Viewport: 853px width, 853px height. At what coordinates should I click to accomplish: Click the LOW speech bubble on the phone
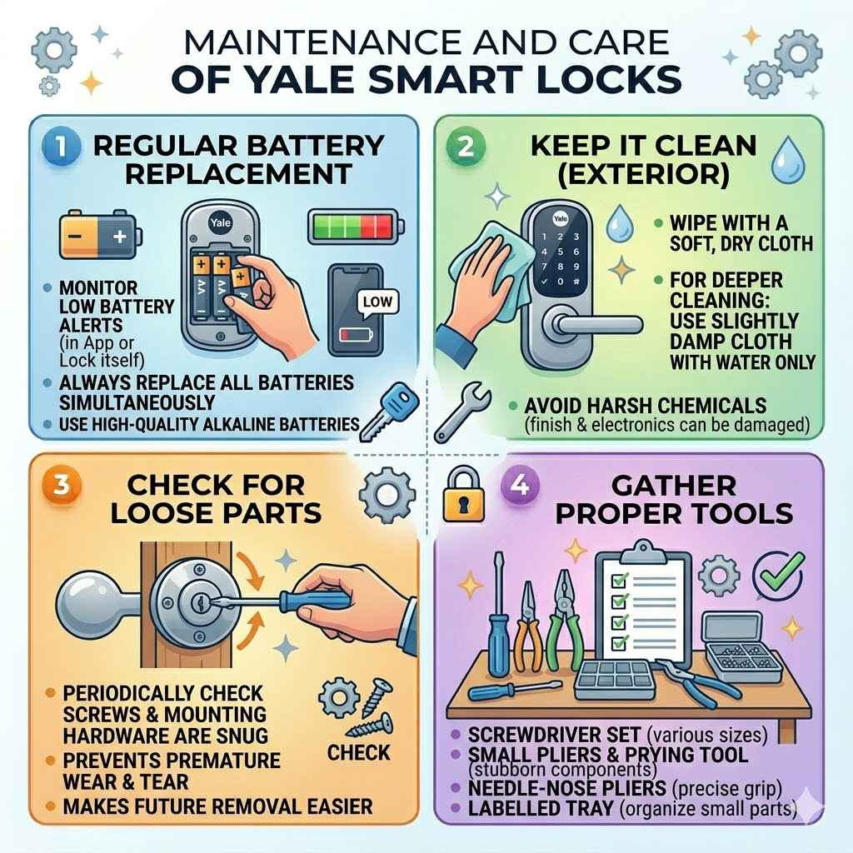click(378, 302)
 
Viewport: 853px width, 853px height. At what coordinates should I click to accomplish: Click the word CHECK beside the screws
click(358, 753)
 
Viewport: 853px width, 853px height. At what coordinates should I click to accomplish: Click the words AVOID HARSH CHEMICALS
click(646, 407)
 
